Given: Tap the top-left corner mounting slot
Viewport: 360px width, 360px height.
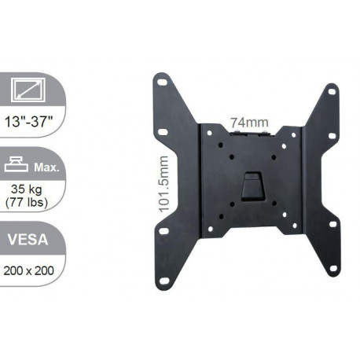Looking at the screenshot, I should (162, 79).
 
